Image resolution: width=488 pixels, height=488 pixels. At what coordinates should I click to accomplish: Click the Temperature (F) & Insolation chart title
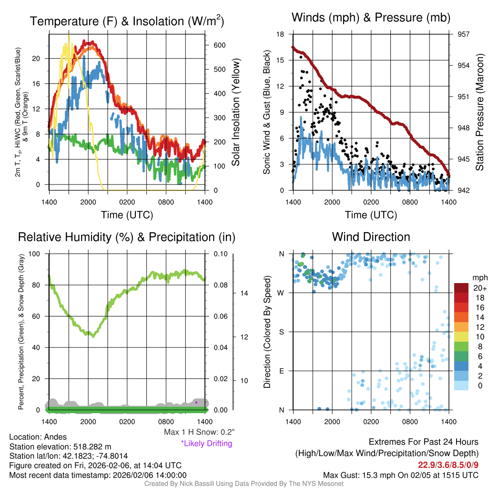[127, 21]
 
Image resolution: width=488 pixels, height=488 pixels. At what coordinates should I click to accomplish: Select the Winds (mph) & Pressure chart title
[371, 18]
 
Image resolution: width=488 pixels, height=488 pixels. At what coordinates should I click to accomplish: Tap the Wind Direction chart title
[371, 236]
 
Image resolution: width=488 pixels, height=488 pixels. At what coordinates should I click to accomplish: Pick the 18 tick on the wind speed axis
[280, 34]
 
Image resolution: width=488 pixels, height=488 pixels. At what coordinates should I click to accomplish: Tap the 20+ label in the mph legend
[480, 288]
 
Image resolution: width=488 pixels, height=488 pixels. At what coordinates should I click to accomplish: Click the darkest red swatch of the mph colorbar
[462, 288]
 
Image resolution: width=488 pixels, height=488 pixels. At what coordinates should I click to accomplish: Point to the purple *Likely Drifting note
[206, 444]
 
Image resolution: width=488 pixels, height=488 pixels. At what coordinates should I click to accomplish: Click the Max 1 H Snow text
[199, 432]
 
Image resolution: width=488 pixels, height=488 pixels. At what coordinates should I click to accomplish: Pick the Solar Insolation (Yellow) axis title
[235, 112]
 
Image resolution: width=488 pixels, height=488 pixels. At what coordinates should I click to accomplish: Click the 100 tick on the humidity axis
[40, 254]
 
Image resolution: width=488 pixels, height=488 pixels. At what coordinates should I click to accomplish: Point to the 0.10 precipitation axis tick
[220, 254]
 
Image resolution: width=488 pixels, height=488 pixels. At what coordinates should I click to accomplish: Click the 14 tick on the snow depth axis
[244, 293]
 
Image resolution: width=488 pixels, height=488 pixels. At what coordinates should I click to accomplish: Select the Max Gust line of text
[400, 475]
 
